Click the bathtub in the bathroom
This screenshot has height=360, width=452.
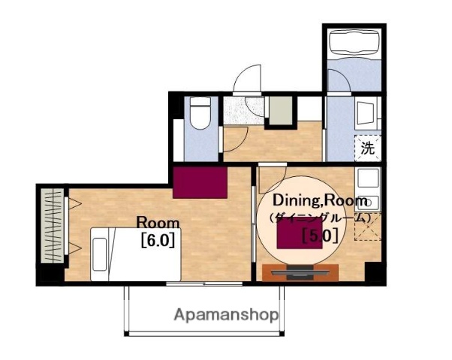coord(354,43)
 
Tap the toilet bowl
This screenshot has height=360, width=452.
coord(200,113)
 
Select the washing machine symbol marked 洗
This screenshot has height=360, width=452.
coord(368,148)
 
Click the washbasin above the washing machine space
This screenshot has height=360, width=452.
coord(366,113)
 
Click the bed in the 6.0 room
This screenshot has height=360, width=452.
coord(135,254)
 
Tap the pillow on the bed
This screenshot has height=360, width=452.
coord(100,254)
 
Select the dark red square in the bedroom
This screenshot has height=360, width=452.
coord(200,182)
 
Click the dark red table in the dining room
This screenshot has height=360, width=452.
coord(300,233)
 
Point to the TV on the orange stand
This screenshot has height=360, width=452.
coord(300,272)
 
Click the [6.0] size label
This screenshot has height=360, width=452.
coord(158,240)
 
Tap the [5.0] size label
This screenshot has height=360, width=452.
coord(320,235)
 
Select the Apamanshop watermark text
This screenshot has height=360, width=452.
coord(226,315)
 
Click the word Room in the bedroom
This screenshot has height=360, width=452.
coord(158,223)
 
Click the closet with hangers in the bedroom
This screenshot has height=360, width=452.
coord(52,226)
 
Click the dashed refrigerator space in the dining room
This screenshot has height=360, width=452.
coord(368,226)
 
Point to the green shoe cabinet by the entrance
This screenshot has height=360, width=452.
coord(281,110)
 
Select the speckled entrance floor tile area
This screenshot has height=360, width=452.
coord(244,111)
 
